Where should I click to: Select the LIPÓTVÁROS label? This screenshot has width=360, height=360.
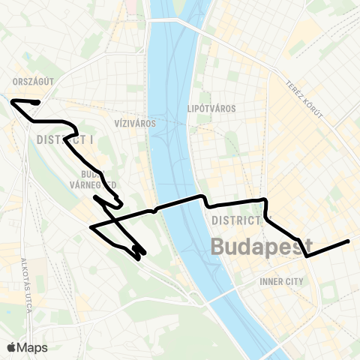[x=211, y=109]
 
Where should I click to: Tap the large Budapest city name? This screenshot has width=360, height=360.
[x=262, y=246]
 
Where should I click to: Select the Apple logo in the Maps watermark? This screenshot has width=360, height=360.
[x=12, y=347]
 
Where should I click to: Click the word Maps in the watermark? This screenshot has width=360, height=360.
[x=33, y=347]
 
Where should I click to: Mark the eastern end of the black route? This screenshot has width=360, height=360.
[x=349, y=241]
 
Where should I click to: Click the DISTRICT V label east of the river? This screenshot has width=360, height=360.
[x=237, y=220]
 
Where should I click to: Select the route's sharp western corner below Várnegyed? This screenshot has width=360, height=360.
[x=90, y=226]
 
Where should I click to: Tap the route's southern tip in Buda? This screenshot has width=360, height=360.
[x=139, y=259]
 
